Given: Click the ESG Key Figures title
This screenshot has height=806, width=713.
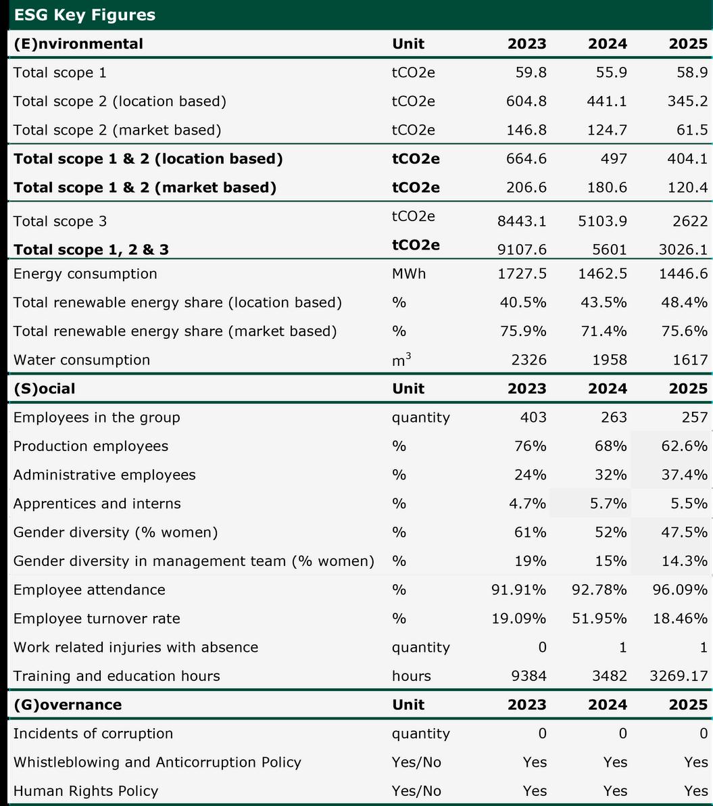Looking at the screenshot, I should pyautogui.click(x=84, y=15).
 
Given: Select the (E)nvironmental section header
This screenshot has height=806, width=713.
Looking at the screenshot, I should pyautogui.click(x=78, y=44).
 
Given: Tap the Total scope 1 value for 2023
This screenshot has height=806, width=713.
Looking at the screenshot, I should pyautogui.click(x=531, y=72).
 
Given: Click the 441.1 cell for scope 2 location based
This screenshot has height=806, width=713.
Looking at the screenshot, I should pyautogui.click(x=608, y=101).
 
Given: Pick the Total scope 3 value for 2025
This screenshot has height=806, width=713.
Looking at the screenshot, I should pyautogui.click(x=690, y=221).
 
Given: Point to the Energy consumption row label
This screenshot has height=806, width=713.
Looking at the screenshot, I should pyautogui.click(x=85, y=274).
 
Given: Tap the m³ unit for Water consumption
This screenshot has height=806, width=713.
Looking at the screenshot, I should pyautogui.click(x=401, y=360).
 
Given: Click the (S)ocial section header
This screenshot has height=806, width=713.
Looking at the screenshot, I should pyautogui.click(x=45, y=389).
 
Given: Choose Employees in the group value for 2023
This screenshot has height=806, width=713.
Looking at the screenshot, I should pyautogui.click(x=533, y=417).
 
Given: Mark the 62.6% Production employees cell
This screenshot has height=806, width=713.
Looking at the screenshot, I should pyautogui.click(x=685, y=446).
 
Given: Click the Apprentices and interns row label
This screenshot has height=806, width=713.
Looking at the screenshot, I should pyautogui.click(x=97, y=504).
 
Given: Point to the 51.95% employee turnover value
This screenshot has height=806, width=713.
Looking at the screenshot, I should pyautogui.click(x=599, y=619).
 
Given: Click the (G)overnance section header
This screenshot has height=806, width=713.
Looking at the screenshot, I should pyautogui.click(x=68, y=705).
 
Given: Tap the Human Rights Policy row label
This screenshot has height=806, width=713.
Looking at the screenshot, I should pyautogui.click(x=86, y=791).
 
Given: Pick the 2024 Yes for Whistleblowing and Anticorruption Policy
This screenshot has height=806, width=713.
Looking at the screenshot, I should pyautogui.click(x=615, y=762).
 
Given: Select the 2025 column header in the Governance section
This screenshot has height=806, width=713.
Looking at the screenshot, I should pyautogui.click(x=688, y=705).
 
